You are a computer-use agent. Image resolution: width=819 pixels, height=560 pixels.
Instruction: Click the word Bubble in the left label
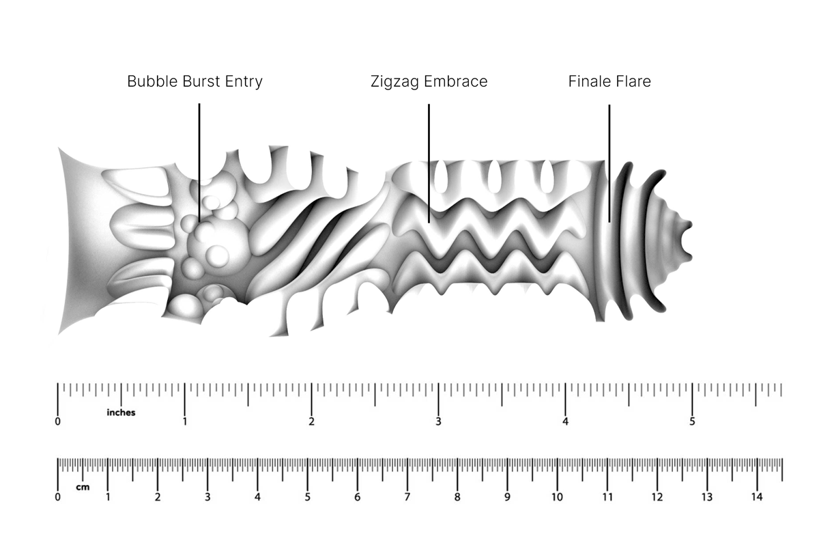[x=148, y=82]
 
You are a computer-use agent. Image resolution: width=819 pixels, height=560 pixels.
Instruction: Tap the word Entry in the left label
[x=244, y=82]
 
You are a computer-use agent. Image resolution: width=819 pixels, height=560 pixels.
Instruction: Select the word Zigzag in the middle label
[x=395, y=82]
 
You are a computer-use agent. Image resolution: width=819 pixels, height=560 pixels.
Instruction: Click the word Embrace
[x=456, y=82]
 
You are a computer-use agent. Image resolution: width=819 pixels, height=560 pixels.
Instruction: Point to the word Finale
[x=589, y=82]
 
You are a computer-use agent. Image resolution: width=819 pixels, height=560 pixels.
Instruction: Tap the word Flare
[x=633, y=82]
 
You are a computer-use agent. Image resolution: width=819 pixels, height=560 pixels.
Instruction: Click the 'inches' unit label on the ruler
[x=121, y=412]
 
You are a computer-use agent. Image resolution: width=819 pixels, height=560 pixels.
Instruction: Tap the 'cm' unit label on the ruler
[x=83, y=488]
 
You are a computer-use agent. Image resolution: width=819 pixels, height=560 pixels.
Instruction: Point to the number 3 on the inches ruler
[x=438, y=422]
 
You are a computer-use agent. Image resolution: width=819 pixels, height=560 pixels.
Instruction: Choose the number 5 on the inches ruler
[x=692, y=422]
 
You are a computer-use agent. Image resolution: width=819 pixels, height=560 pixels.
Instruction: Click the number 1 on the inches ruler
[x=184, y=422]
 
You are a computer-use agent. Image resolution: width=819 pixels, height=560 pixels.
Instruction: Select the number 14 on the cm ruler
[x=757, y=497]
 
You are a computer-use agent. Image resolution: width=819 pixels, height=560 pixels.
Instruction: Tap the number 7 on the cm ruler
[x=407, y=497]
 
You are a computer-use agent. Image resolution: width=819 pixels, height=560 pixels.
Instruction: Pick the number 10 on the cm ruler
[x=557, y=497]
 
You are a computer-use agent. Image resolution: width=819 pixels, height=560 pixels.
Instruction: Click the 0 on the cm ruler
[x=57, y=497]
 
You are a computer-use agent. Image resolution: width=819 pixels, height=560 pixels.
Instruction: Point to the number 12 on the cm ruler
[x=657, y=497]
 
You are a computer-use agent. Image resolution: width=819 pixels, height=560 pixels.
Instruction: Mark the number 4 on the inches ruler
[x=565, y=422]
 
